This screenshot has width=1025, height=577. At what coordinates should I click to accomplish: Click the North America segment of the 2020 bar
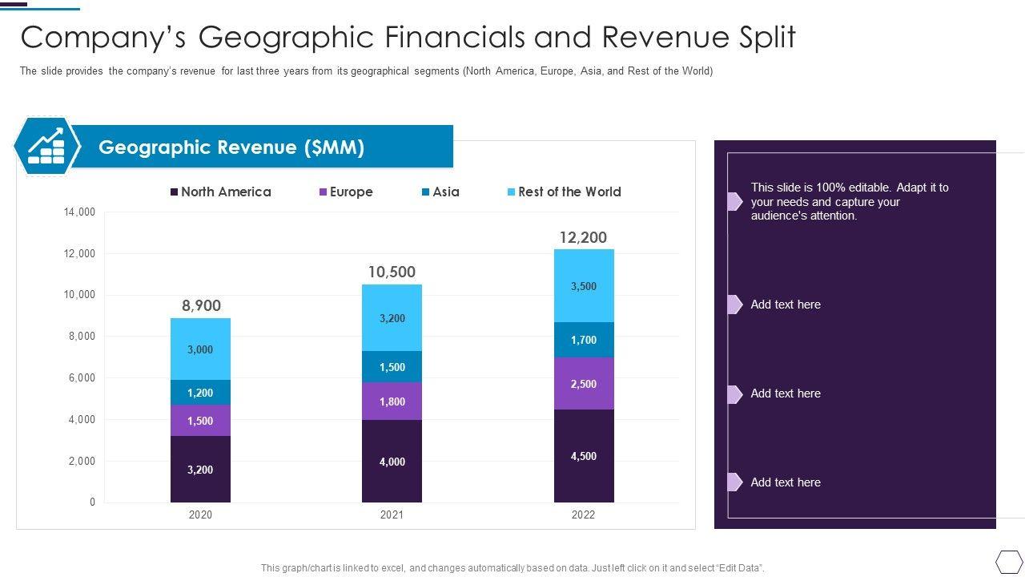click(200, 469)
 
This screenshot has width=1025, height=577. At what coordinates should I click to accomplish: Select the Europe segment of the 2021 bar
click(392, 401)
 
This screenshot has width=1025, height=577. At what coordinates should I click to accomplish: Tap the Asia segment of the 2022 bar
click(584, 340)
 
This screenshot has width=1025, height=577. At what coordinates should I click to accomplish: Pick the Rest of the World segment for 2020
click(200, 349)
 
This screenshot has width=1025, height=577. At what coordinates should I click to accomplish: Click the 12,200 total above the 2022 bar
click(583, 237)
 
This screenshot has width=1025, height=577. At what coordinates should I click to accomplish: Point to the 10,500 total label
click(392, 272)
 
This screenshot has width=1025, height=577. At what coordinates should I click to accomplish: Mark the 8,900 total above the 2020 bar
click(201, 305)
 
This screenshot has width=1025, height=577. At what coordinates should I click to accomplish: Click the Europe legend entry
click(346, 192)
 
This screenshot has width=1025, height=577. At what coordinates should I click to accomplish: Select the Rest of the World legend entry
click(564, 192)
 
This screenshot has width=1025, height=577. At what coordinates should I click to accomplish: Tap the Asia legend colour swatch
click(426, 192)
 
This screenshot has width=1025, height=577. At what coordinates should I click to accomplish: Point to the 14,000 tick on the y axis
click(79, 212)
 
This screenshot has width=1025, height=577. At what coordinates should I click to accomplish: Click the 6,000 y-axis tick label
click(79, 378)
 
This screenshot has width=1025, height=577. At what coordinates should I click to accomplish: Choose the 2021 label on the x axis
click(392, 515)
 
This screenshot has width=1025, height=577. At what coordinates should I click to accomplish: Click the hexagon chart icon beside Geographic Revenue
click(46, 146)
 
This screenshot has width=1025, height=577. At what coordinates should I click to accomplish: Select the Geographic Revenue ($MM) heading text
click(231, 147)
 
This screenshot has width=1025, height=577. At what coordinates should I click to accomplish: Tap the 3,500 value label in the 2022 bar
click(584, 286)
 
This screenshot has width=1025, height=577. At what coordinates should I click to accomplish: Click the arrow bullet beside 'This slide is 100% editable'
click(734, 201)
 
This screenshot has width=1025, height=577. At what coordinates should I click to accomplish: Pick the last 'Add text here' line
click(786, 482)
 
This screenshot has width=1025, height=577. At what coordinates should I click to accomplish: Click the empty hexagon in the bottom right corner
click(1009, 560)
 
